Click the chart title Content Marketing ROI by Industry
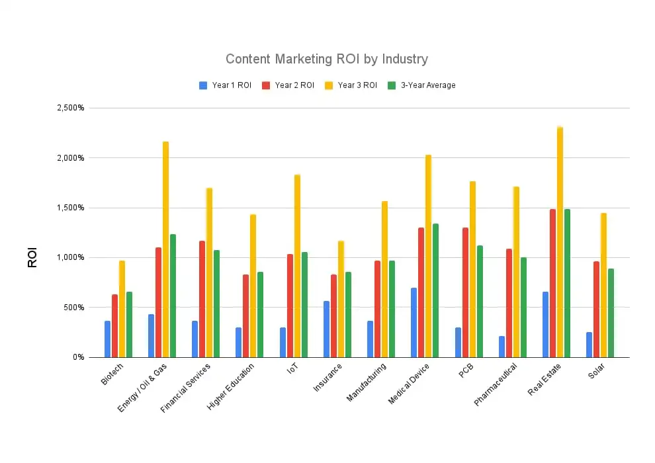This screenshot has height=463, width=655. pos(327,59)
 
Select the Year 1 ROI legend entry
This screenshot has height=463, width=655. pos(225,85)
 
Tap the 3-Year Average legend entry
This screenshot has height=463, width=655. pos(421,85)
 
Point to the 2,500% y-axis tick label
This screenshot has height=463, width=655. pos(69,108)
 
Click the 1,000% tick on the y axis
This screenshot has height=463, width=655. pos(69,257)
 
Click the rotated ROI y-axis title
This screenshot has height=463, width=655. pos(32,257)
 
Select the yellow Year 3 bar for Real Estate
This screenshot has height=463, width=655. pos(560,242)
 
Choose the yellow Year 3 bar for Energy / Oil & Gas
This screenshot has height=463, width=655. pos(165,249)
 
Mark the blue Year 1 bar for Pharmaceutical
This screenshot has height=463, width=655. pos(502,347)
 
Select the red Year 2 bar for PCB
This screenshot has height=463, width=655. pos(465,292)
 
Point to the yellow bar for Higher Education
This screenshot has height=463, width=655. pos(253,286)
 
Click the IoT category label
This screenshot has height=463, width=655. pos(292,370)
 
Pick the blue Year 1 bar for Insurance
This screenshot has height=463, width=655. pos(326,329)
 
